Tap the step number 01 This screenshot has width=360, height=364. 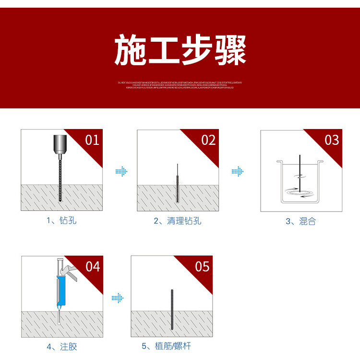pyautogui.click(x=92, y=140)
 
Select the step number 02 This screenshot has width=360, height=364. pyautogui.click(x=208, y=140)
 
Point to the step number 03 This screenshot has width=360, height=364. pyautogui.click(x=331, y=140)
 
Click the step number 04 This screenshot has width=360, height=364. pyautogui.click(x=93, y=266)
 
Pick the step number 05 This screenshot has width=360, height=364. pyautogui.click(x=202, y=266)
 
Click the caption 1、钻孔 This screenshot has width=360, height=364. pyautogui.click(x=61, y=221)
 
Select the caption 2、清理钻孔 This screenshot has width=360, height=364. pyautogui.click(x=178, y=221)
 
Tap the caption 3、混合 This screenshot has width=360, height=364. pyautogui.click(x=301, y=221)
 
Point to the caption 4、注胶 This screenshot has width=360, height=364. pyautogui.click(x=61, y=346)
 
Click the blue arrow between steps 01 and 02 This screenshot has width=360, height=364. pyautogui.click(x=121, y=171)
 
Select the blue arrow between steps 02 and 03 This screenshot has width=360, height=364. pyautogui.click(x=238, y=171)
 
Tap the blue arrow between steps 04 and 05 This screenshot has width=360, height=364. pyautogui.click(x=118, y=298)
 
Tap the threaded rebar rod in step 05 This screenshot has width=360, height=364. pyautogui.click(x=171, y=309)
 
